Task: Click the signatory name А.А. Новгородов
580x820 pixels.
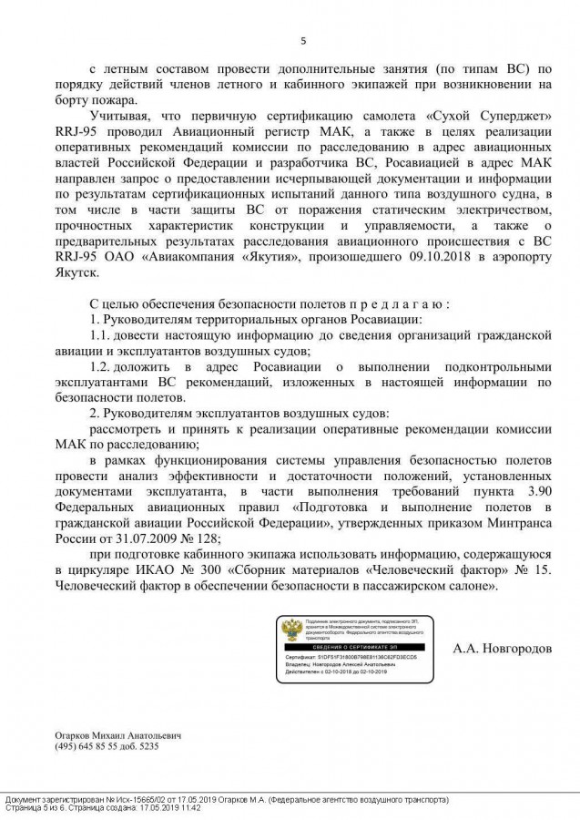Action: (502, 649)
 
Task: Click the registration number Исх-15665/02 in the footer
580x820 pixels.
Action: (141, 799)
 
